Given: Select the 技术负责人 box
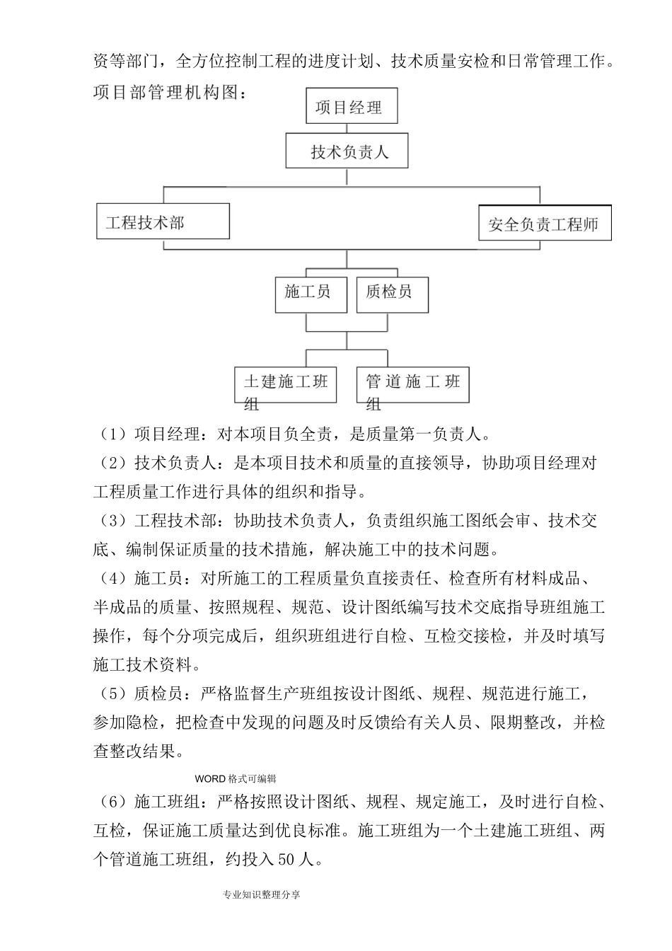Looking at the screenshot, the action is click(x=347, y=151).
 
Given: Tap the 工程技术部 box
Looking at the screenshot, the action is click(x=163, y=221).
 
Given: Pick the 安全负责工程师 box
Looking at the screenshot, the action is click(x=544, y=224).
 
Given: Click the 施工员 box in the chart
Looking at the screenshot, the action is click(x=311, y=294).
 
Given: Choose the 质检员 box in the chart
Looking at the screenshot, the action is click(x=392, y=294).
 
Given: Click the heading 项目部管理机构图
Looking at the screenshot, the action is click(x=170, y=93).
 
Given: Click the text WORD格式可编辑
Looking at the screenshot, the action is click(x=236, y=779).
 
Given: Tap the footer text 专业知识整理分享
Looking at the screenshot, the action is click(x=261, y=895).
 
